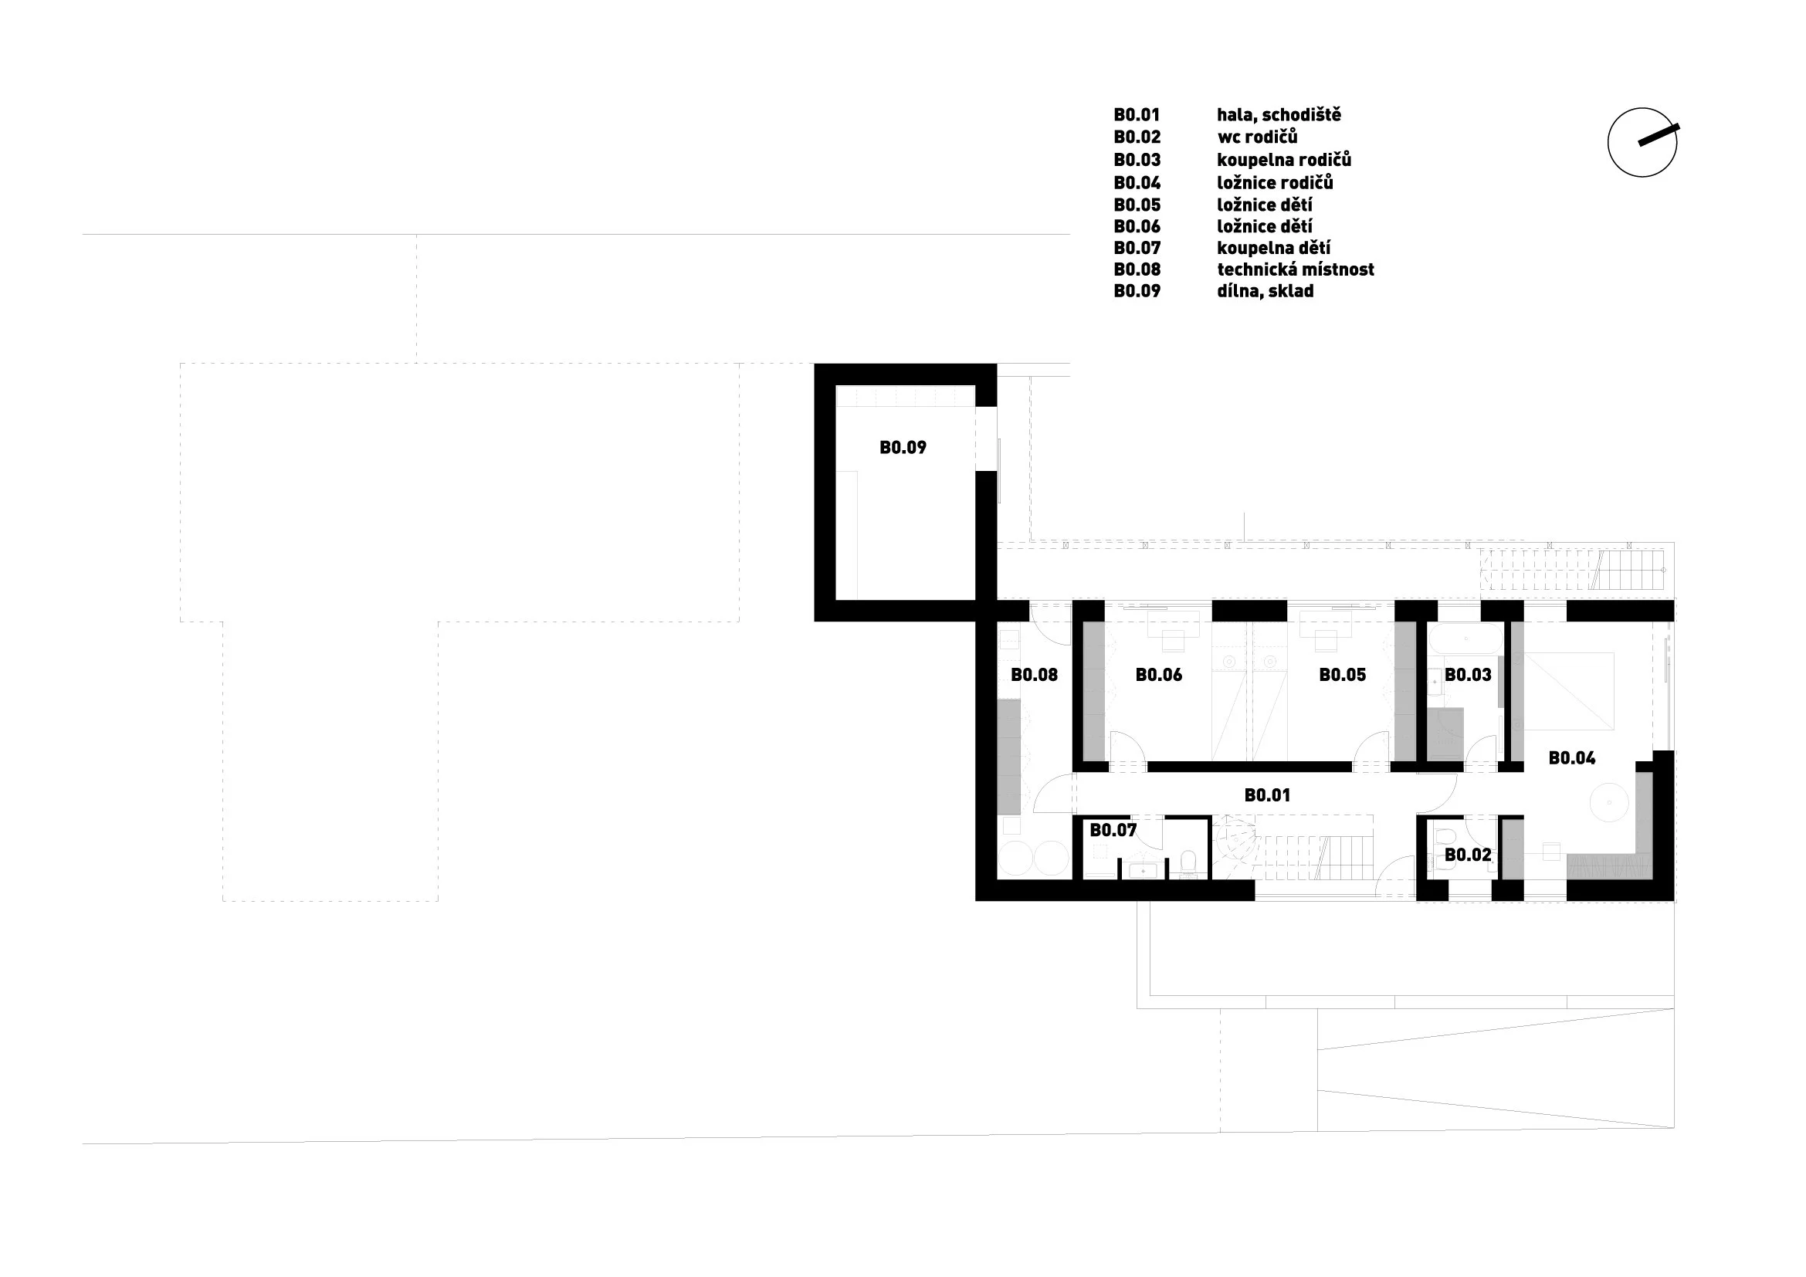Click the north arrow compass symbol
pyautogui.click(x=1642, y=142)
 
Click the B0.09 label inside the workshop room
pyautogui.click(x=903, y=449)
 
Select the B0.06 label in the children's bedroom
pyautogui.click(x=1159, y=675)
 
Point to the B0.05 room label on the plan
pyautogui.click(x=1343, y=675)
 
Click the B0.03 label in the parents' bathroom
pyautogui.click(x=1468, y=675)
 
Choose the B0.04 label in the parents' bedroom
pyautogui.click(x=1571, y=758)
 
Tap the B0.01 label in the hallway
pyautogui.click(x=1267, y=795)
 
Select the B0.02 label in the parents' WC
pyautogui.click(x=1468, y=855)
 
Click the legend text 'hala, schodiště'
pyautogui.click(x=1279, y=115)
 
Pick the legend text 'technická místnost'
pyautogui.click(x=1296, y=269)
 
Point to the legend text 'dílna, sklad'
pyautogui.click(x=1266, y=291)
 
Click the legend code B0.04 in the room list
pyautogui.click(x=1137, y=183)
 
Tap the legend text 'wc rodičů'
pyautogui.click(x=1257, y=137)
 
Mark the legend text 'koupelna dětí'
pyautogui.click(x=1273, y=249)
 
